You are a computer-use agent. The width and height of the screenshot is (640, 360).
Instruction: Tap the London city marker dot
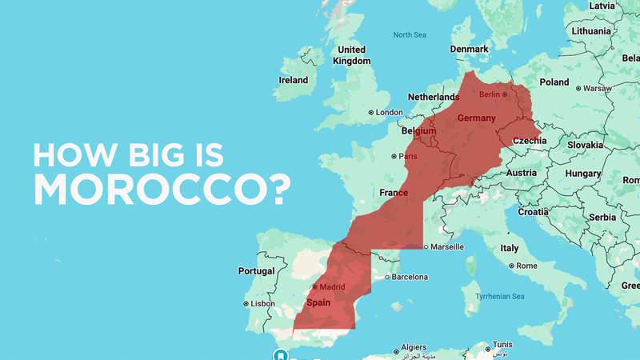(x=371, y=113)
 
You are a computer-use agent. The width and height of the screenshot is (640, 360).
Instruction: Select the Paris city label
(x=409, y=156)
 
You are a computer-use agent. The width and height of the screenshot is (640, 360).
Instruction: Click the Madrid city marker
(x=315, y=287)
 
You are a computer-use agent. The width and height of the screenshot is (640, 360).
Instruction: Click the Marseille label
(x=448, y=246)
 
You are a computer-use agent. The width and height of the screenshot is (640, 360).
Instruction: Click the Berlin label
(x=489, y=94)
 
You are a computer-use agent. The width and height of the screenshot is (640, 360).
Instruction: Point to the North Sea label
(x=410, y=34)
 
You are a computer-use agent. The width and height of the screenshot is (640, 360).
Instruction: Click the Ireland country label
(x=293, y=80)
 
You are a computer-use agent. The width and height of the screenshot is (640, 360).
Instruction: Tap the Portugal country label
(x=256, y=271)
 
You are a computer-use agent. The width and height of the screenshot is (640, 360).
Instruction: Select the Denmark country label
(x=469, y=49)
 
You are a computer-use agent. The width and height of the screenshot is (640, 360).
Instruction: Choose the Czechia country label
(x=530, y=141)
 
